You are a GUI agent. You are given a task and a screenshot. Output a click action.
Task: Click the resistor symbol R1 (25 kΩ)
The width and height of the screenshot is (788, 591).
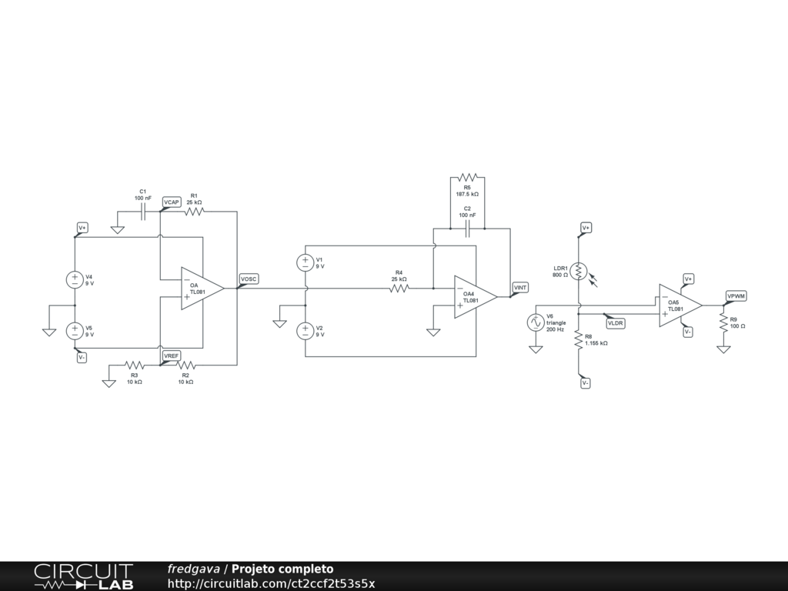(x=194, y=211)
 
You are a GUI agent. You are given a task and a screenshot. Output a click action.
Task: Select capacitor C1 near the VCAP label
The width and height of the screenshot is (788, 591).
(x=143, y=212)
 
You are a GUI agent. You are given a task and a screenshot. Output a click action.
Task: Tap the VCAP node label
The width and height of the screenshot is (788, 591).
(x=172, y=202)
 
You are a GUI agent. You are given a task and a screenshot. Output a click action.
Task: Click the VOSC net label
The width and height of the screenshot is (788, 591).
(x=249, y=279)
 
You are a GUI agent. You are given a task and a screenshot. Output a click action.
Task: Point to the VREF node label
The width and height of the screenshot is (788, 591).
(x=172, y=356)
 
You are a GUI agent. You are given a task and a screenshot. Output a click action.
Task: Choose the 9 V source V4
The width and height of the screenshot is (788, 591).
(x=75, y=279)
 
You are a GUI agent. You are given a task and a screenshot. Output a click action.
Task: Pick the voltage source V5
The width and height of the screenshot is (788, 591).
(x=75, y=331)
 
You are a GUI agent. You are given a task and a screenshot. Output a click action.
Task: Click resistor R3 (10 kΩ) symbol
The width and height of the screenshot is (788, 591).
(x=135, y=366)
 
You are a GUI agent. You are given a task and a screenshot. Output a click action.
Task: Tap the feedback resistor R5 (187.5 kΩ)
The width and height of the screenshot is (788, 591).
(x=467, y=177)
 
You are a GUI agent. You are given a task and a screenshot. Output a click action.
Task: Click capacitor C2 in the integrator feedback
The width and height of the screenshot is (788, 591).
(x=467, y=229)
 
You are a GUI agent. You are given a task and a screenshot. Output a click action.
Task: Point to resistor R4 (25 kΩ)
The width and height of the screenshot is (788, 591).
(x=399, y=289)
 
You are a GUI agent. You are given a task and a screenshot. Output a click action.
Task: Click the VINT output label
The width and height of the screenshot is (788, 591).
(x=521, y=288)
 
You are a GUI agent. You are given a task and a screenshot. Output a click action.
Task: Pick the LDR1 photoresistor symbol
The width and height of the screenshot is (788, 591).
(x=579, y=271)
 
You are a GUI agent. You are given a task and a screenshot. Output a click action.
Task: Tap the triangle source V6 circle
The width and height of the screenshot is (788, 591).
(x=536, y=322)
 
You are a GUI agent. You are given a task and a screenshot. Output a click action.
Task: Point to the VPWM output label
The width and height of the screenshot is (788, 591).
(x=736, y=295)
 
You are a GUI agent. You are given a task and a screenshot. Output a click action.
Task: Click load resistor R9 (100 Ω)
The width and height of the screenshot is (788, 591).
(x=723, y=322)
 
